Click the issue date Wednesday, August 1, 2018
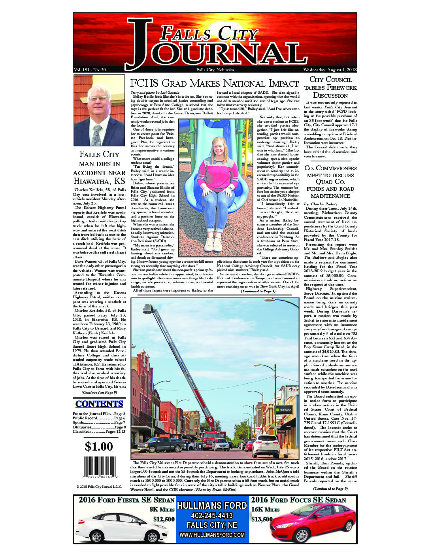pyautogui.click(x=330, y=70)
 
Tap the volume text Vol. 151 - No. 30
pyautogui.click(x=90, y=70)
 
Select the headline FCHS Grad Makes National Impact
pyautogui.click(x=214, y=83)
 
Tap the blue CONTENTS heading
pyautogui.click(x=99, y=404)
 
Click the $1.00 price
pyautogui.click(x=99, y=447)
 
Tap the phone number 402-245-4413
pyautogui.click(x=212, y=515)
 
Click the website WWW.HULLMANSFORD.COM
pyautogui.click(x=212, y=535)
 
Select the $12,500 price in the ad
pyautogui.click(x=164, y=519)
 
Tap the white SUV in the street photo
pyautogui.click(x=266, y=446)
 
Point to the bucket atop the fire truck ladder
pyautogui.click(x=149, y=308)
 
